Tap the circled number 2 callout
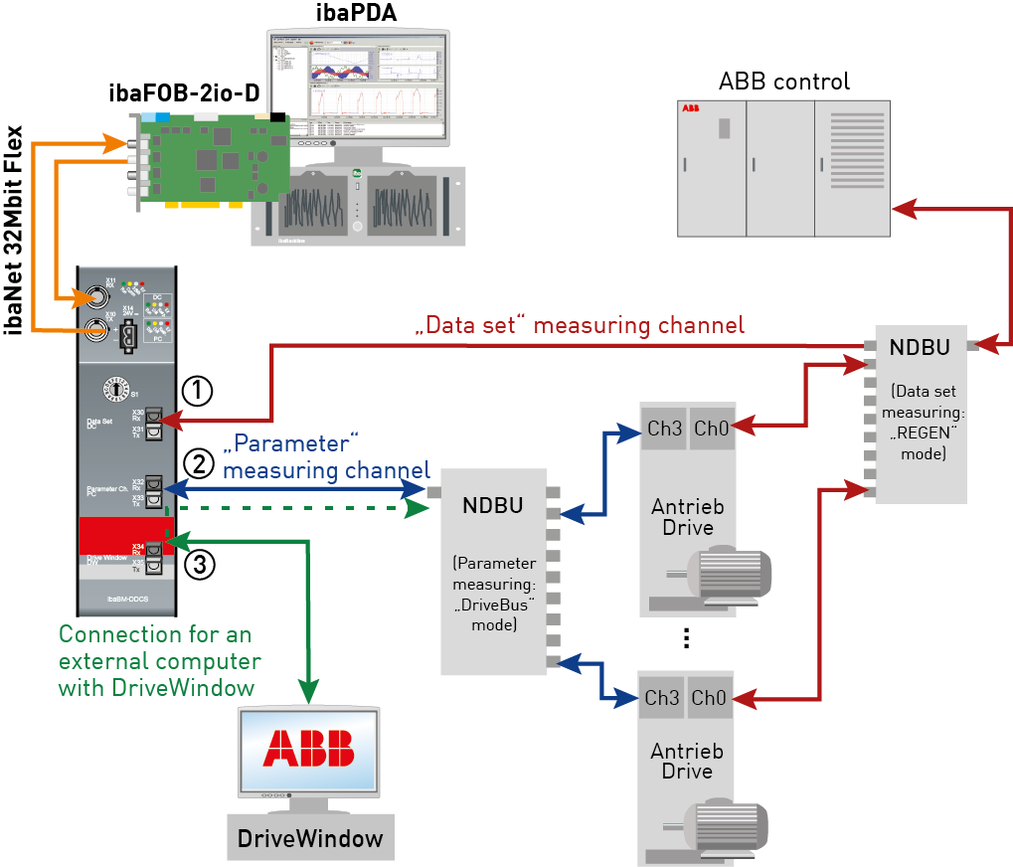198,463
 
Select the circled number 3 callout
198,565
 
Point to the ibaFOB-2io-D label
184,94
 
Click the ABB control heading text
784,81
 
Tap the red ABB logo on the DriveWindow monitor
307,748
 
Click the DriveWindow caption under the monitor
310,838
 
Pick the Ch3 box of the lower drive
661,698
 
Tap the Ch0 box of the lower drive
710,698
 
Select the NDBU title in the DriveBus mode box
492,504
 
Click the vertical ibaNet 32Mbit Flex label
15,229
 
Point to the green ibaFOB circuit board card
214,157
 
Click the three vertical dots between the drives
686,639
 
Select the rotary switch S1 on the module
116,390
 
